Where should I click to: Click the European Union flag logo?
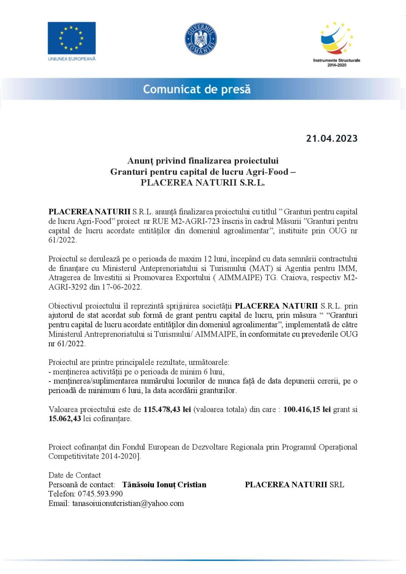(x=71, y=38)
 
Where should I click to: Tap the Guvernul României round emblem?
(x=201, y=39)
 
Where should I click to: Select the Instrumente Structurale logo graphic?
(x=336, y=38)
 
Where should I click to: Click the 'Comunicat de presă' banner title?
(x=197, y=89)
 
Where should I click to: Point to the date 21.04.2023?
(x=332, y=138)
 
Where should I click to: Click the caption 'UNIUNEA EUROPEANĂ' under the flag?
(x=72, y=59)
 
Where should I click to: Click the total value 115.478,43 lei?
(x=167, y=409)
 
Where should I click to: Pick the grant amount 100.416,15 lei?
(x=307, y=409)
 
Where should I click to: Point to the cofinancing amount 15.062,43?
(x=65, y=419)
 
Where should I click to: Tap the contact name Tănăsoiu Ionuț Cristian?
(x=164, y=485)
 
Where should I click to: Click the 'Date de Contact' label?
(x=74, y=475)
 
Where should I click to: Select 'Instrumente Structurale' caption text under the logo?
(x=336, y=61)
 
